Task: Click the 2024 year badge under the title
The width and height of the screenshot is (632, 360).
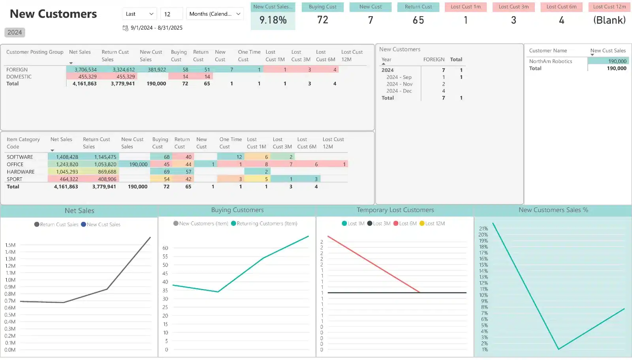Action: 15,32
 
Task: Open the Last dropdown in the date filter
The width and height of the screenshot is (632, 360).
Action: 139,14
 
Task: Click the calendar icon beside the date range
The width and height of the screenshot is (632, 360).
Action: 126,28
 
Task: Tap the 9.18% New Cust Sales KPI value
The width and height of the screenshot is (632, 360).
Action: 273,20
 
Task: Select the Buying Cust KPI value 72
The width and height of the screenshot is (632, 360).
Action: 323,20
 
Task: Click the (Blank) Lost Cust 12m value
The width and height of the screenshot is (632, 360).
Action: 609,20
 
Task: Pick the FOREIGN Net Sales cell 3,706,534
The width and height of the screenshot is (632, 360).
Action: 85,70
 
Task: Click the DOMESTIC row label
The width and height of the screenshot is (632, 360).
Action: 19,77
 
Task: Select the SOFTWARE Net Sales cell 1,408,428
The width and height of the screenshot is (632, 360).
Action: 67,157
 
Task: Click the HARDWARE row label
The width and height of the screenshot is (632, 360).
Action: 21,172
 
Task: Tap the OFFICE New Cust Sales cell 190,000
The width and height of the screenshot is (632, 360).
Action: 138,165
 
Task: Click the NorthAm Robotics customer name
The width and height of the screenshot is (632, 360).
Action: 551,62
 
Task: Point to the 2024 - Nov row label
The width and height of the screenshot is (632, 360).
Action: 399,84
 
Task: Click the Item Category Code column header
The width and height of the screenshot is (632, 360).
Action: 23,143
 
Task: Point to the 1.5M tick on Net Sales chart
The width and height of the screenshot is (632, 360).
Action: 10,245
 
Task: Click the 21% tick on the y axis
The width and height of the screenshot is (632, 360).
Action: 483,229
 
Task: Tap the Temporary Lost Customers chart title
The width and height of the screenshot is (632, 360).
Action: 395,210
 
